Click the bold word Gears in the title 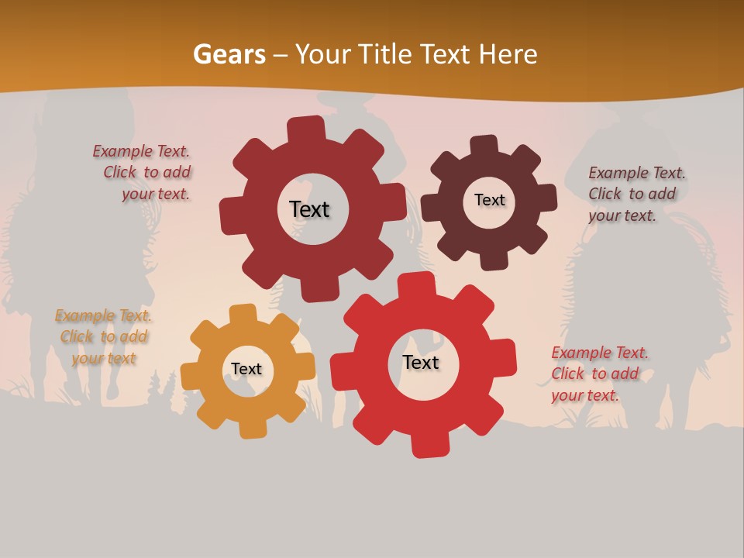(x=229, y=54)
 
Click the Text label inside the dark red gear (x=309, y=209)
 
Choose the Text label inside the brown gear (x=489, y=200)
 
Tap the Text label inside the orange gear (x=246, y=369)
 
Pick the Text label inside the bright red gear (x=421, y=362)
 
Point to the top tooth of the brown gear (x=484, y=146)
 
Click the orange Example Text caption (x=104, y=337)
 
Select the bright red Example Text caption (x=598, y=374)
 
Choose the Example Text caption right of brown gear (x=635, y=195)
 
